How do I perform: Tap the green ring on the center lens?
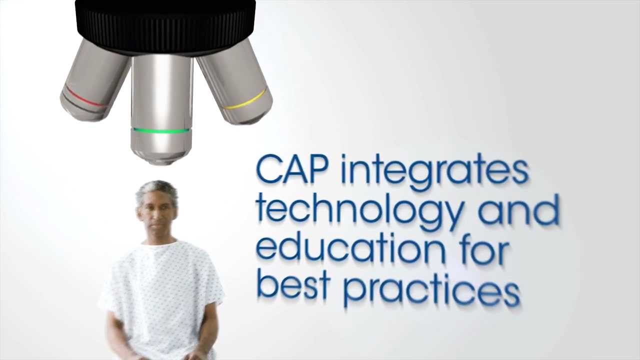(x=161, y=131)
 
